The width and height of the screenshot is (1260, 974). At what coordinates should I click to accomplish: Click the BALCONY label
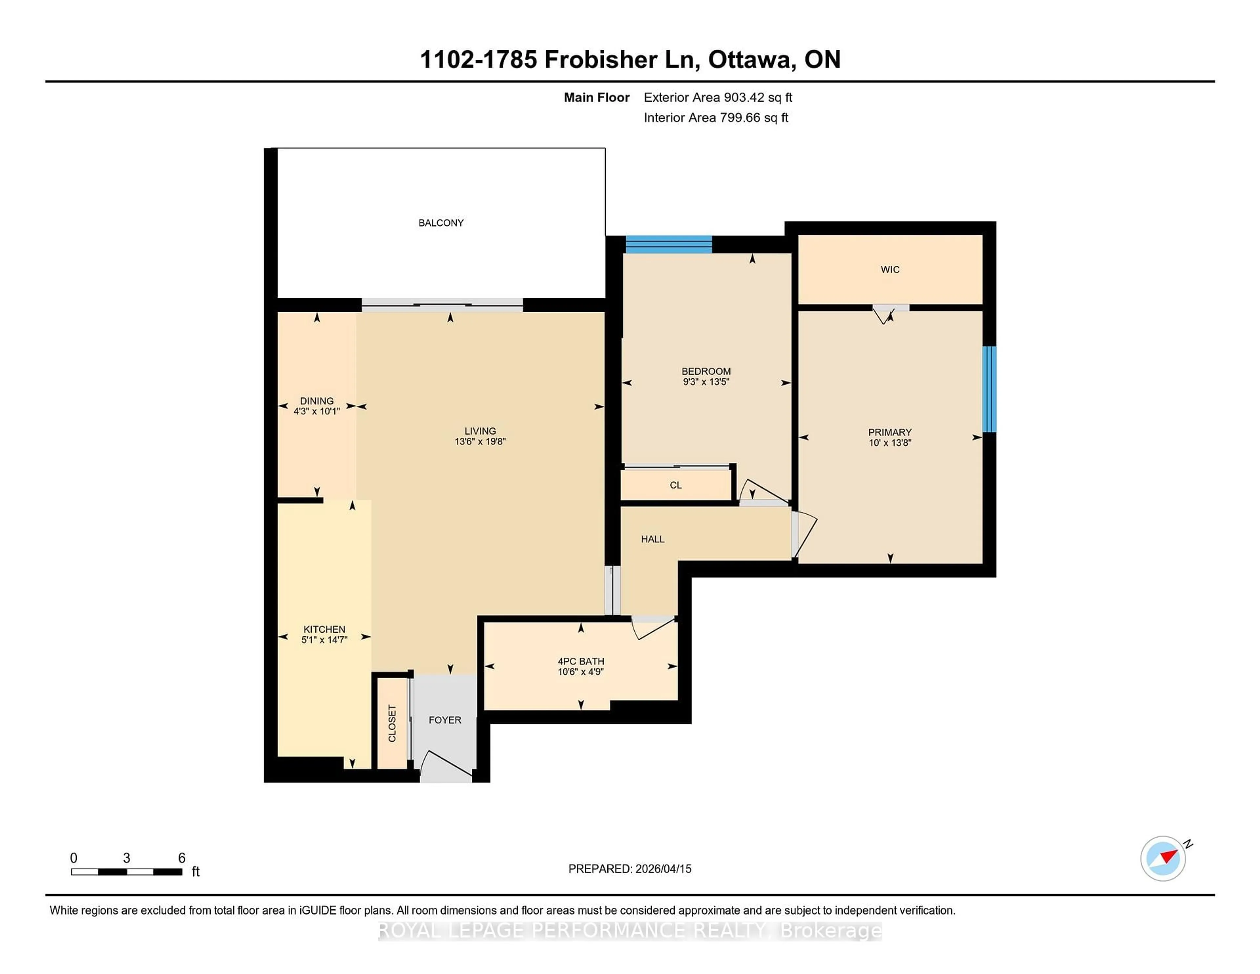tap(441, 223)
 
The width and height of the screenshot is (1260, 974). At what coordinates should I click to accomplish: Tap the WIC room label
tap(890, 269)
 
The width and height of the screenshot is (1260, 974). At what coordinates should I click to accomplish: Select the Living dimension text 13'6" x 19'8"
tap(480, 441)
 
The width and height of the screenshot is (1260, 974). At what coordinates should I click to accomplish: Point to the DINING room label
tap(316, 400)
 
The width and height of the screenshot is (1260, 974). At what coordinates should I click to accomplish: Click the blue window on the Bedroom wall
tap(669, 245)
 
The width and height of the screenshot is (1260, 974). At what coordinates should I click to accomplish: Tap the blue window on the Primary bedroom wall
tap(989, 389)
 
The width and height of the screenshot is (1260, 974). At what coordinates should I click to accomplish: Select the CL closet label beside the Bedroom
tap(676, 485)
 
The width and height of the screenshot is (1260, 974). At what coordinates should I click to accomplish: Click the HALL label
tap(653, 539)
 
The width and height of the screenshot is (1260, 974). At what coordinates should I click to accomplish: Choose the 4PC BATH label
tap(581, 661)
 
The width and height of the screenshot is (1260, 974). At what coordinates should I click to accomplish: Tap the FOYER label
tap(445, 720)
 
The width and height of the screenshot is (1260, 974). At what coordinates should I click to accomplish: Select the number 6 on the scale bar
tap(182, 858)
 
